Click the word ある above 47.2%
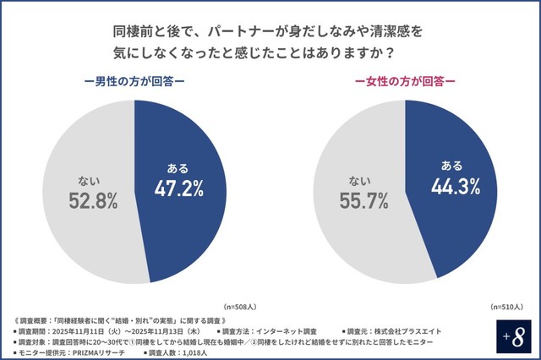coord(178,166)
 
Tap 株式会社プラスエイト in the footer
coord(404,330)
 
